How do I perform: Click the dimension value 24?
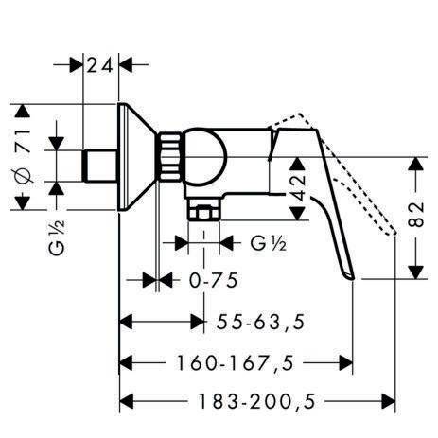pyautogui.click(x=99, y=66)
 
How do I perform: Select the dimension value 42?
pyautogui.click(x=298, y=188)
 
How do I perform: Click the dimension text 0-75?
pyautogui.click(x=213, y=280)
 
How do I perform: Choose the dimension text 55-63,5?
pyautogui.click(x=261, y=323)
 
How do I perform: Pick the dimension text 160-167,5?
pyautogui.click(x=235, y=363)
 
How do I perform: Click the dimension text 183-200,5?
pyautogui.click(x=256, y=401)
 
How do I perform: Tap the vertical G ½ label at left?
pyautogui.click(x=57, y=237)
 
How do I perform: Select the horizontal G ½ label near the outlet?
pyautogui.click(x=269, y=243)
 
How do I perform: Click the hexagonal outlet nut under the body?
pyautogui.click(x=203, y=211)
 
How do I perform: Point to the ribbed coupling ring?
pyautogui.click(x=170, y=157)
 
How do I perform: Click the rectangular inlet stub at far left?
pyautogui.click(x=100, y=166)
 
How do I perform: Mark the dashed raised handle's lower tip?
pyautogui.click(x=394, y=232)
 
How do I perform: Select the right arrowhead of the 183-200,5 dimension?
pyautogui.click(x=388, y=401)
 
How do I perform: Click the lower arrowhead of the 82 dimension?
pyautogui.click(x=416, y=272)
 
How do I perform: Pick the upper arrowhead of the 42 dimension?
pyautogui.click(x=298, y=164)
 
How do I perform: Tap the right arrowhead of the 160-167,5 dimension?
pyautogui.click(x=345, y=363)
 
